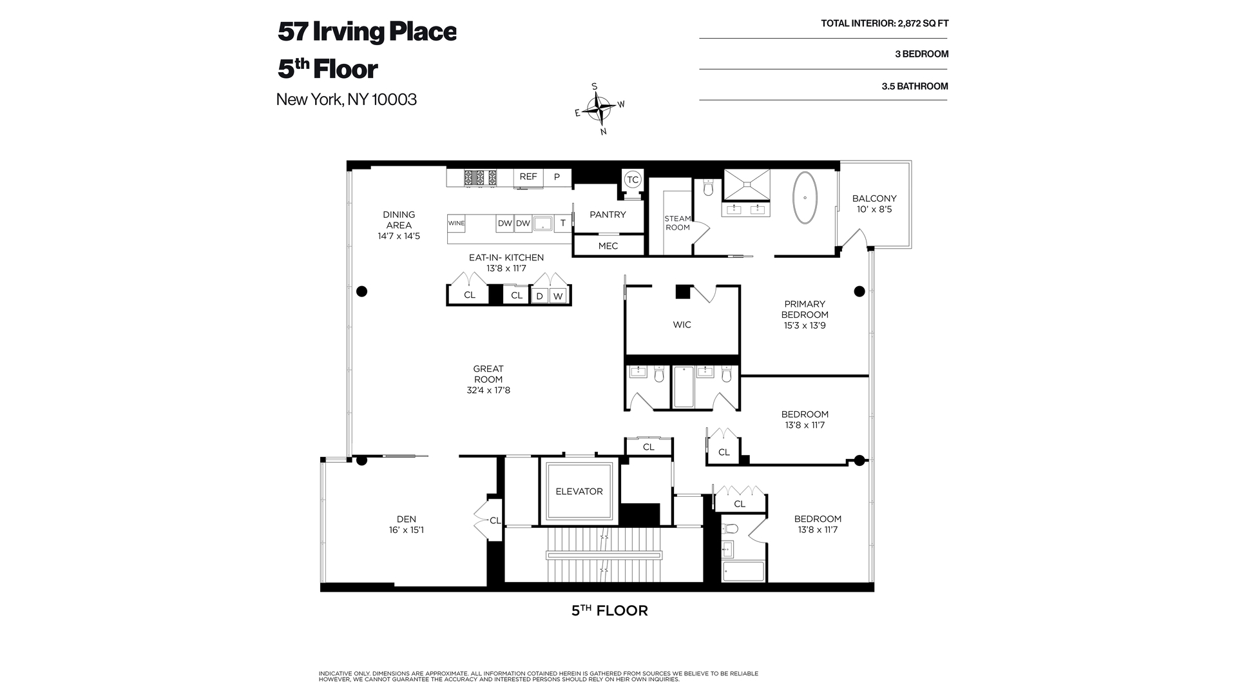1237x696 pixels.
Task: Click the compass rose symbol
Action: click(x=600, y=109)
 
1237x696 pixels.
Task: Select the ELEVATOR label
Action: click(x=579, y=491)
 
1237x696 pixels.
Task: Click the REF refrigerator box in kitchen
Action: click(x=528, y=177)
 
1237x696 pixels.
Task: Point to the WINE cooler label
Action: click(x=456, y=224)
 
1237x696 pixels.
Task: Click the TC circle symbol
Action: click(x=633, y=180)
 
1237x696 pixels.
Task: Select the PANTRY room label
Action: click(x=608, y=215)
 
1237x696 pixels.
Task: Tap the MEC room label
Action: click(x=608, y=246)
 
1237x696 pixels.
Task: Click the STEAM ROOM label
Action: click(x=677, y=223)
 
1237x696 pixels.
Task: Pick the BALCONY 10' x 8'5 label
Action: click(x=874, y=204)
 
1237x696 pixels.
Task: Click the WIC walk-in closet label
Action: click(x=682, y=325)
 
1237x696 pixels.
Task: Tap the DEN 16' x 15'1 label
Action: click(x=406, y=525)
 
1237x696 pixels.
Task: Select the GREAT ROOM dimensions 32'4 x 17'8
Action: click(x=488, y=390)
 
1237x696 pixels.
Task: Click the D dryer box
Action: click(x=540, y=296)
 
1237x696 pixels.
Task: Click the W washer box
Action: click(x=558, y=296)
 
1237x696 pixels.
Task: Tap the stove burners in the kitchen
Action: click(x=481, y=177)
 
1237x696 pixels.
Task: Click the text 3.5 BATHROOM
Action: click(x=914, y=86)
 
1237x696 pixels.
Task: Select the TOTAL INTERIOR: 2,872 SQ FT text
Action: click(x=884, y=24)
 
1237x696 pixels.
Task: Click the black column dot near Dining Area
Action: click(x=362, y=291)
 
